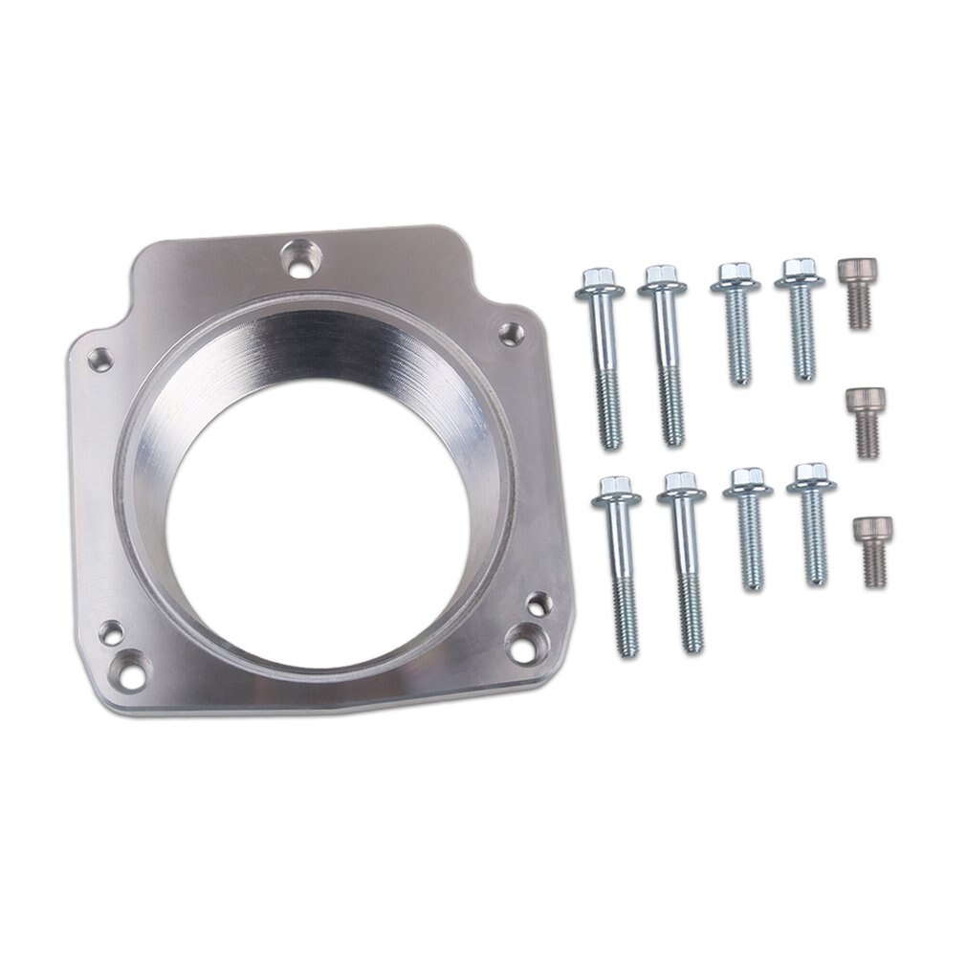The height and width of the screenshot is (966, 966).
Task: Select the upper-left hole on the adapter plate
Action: click(99, 360)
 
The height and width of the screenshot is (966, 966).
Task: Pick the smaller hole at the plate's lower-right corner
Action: click(538, 603)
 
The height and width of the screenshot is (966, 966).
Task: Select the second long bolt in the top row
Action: click(666, 354)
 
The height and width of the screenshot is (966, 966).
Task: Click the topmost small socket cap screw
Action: click(854, 293)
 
